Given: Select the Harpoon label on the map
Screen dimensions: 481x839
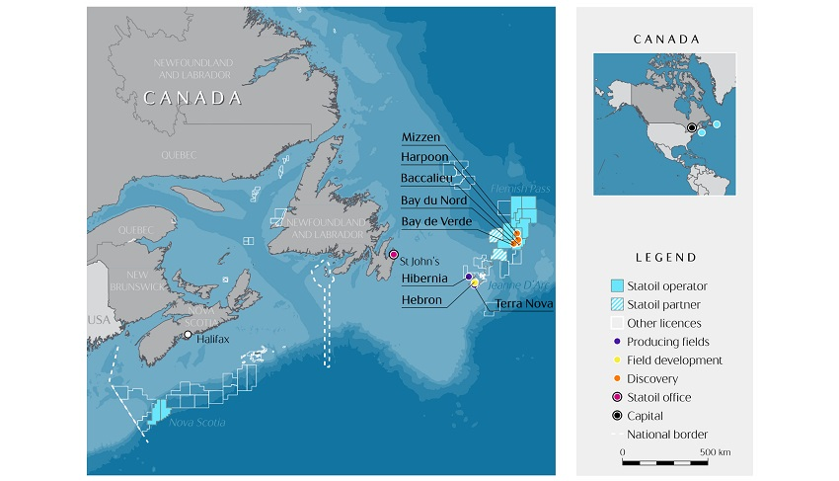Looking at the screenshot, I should [425, 157].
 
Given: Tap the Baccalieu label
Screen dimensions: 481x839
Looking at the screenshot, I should [427, 178].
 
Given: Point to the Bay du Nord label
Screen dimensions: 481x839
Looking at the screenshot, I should [433, 200].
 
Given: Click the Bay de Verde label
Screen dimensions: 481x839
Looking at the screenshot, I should [435, 220].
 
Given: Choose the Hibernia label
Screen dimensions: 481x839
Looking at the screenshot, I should [425, 279].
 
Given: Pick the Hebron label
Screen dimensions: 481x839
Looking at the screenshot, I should [421, 299].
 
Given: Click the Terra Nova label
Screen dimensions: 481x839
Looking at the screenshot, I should [523, 304].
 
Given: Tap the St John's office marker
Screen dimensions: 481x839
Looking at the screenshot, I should [394, 255].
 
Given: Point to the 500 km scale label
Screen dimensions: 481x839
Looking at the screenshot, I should [716, 452].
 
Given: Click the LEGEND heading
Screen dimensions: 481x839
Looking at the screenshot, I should [664, 258].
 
